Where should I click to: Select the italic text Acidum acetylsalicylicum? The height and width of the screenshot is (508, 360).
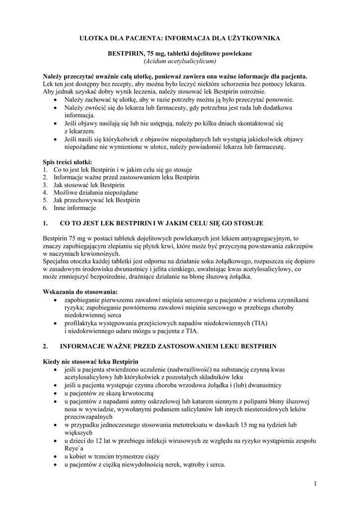[180, 61]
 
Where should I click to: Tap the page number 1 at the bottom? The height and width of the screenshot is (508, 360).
[315, 483]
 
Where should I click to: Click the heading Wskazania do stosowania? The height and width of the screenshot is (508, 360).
[80, 291]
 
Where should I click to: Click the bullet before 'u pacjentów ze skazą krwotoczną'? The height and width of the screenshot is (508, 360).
[54, 393]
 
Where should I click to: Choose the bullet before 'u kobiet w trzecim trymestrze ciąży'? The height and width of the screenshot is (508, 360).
[54, 457]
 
